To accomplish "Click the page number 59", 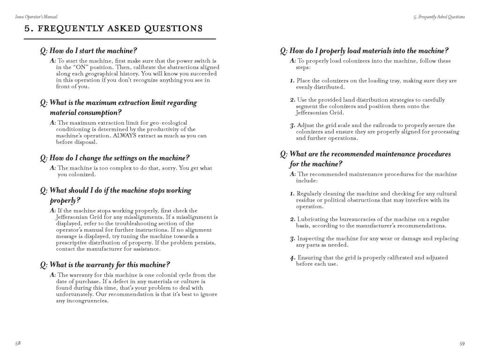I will coord(462,344).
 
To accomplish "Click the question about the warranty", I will coord(105,264).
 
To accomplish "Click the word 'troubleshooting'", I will coord(135,224).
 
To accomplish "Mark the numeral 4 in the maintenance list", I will coord(292,258).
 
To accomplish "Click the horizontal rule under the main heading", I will coord(120,38).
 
